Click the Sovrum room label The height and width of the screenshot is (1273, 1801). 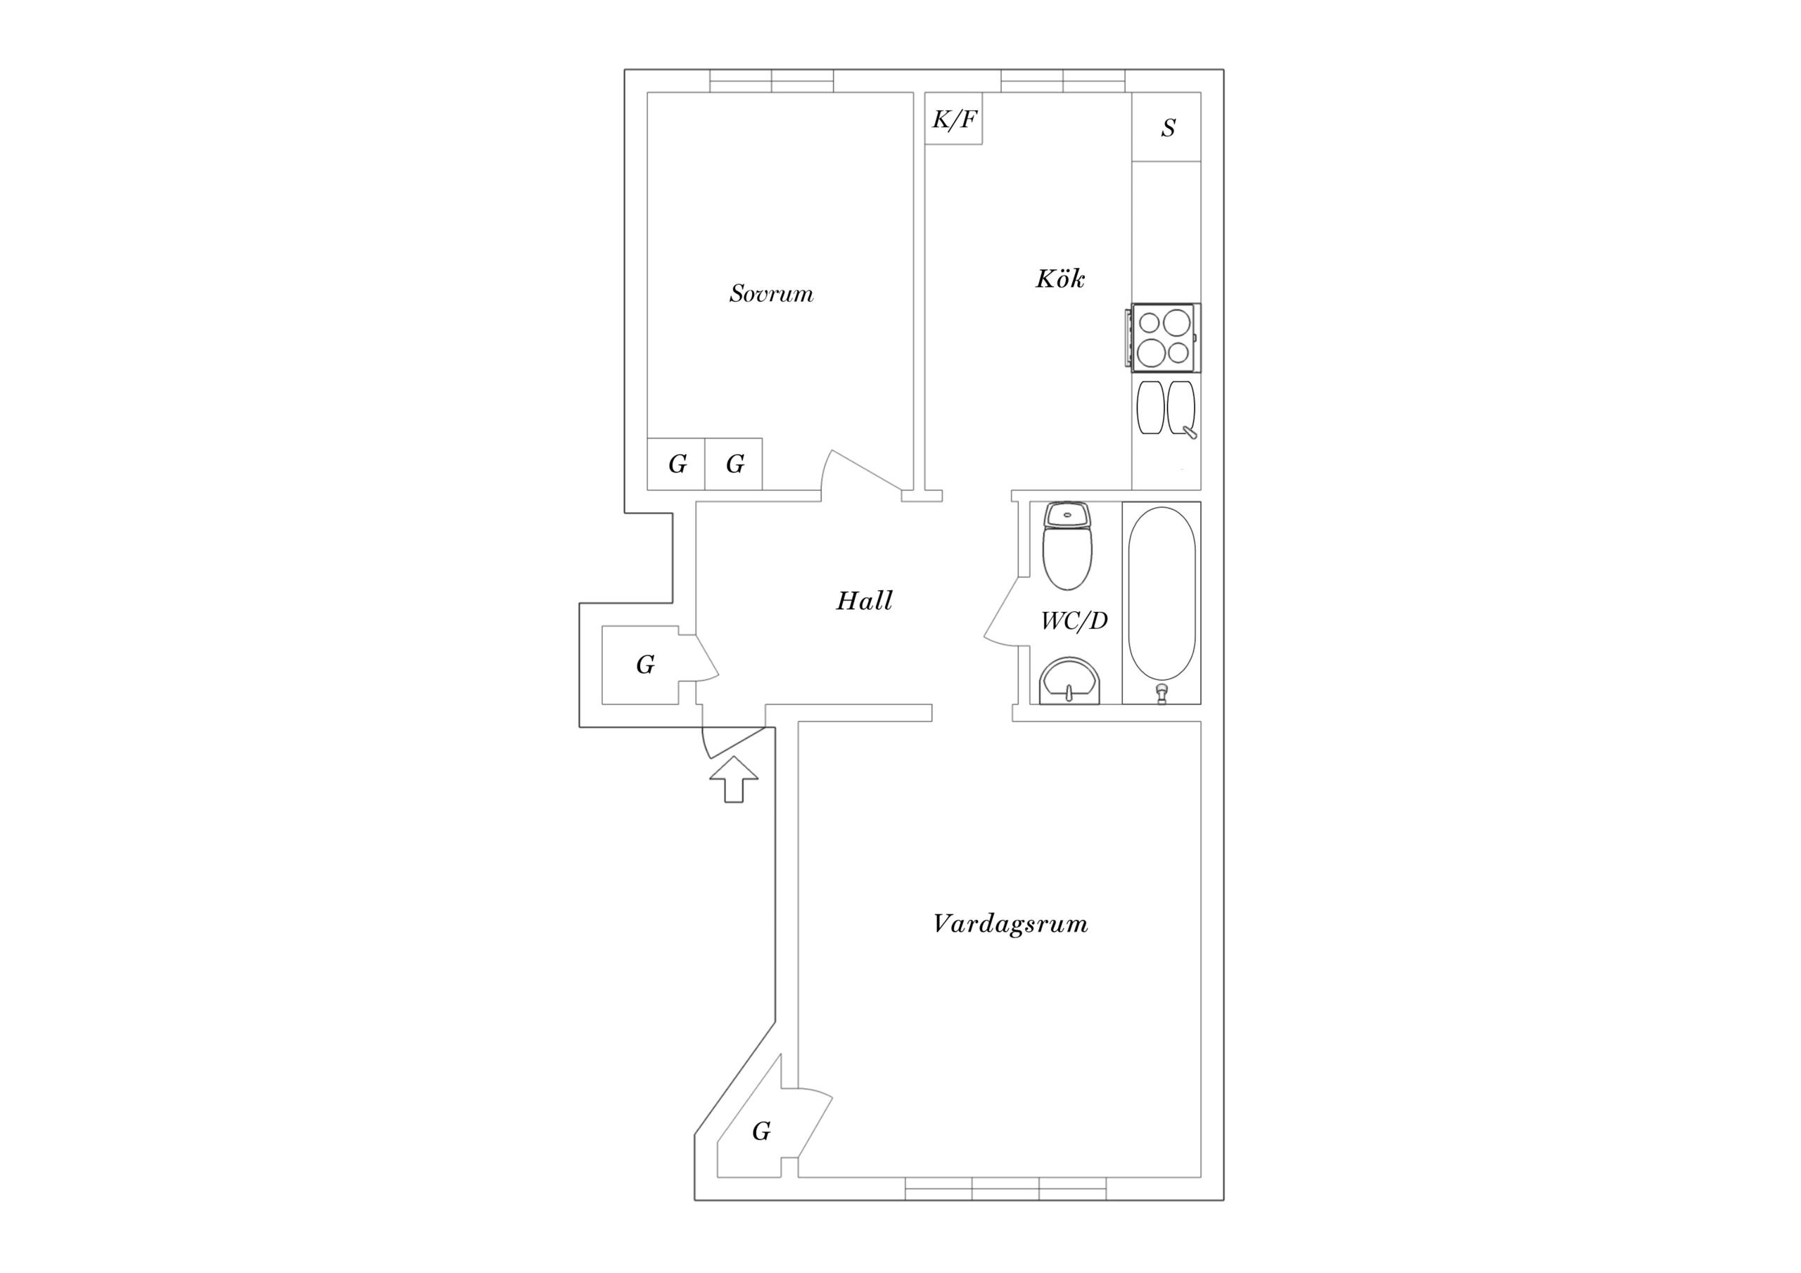[771, 293]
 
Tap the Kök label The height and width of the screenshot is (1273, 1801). [1059, 279]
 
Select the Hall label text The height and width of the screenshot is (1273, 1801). [865, 601]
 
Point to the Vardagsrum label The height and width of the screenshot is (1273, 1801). [1010, 924]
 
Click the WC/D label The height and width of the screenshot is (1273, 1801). [1074, 620]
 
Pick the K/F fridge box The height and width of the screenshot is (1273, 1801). [954, 118]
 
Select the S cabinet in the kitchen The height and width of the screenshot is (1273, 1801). [1166, 127]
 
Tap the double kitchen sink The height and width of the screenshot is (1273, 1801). [1166, 408]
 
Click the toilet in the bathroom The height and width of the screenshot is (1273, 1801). [1067, 546]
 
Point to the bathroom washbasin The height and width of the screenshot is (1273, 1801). [1070, 681]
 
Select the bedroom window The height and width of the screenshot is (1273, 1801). [772, 81]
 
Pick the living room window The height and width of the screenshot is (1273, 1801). [1005, 1189]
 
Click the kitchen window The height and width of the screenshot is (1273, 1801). [1064, 81]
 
